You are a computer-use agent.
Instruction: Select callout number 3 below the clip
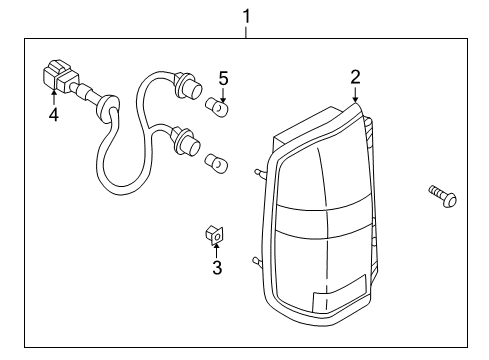pyautogui.click(x=216, y=267)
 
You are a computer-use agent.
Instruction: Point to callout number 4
pyautogui.click(x=53, y=115)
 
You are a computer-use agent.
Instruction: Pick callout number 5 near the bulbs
pyautogui.click(x=224, y=77)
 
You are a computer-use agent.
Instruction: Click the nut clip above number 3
pyautogui.click(x=213, y=234)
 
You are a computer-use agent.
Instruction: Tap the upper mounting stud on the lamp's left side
pyautogui.click(x=262, y=173)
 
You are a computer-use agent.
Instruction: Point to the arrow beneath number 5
pyautogui.click(x=224, y=92)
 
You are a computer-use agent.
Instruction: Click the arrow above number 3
pyautogui.click(x=215, y=250)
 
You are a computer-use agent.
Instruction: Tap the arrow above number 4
pyautogui.click(x=54, y=98)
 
